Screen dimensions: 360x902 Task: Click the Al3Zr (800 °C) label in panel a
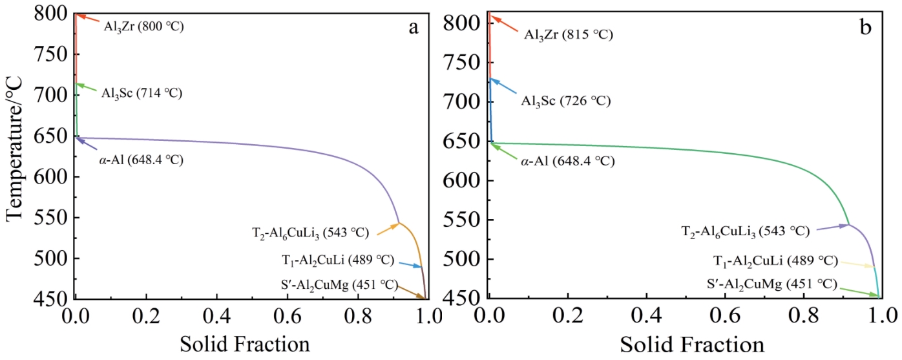click(x=144, y=27)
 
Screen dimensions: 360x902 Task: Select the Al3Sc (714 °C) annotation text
click(x=141, y=94)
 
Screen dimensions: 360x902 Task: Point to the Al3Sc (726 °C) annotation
click(x=566, y=101)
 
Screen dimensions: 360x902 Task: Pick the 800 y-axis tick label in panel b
click(x=466, y=23)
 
